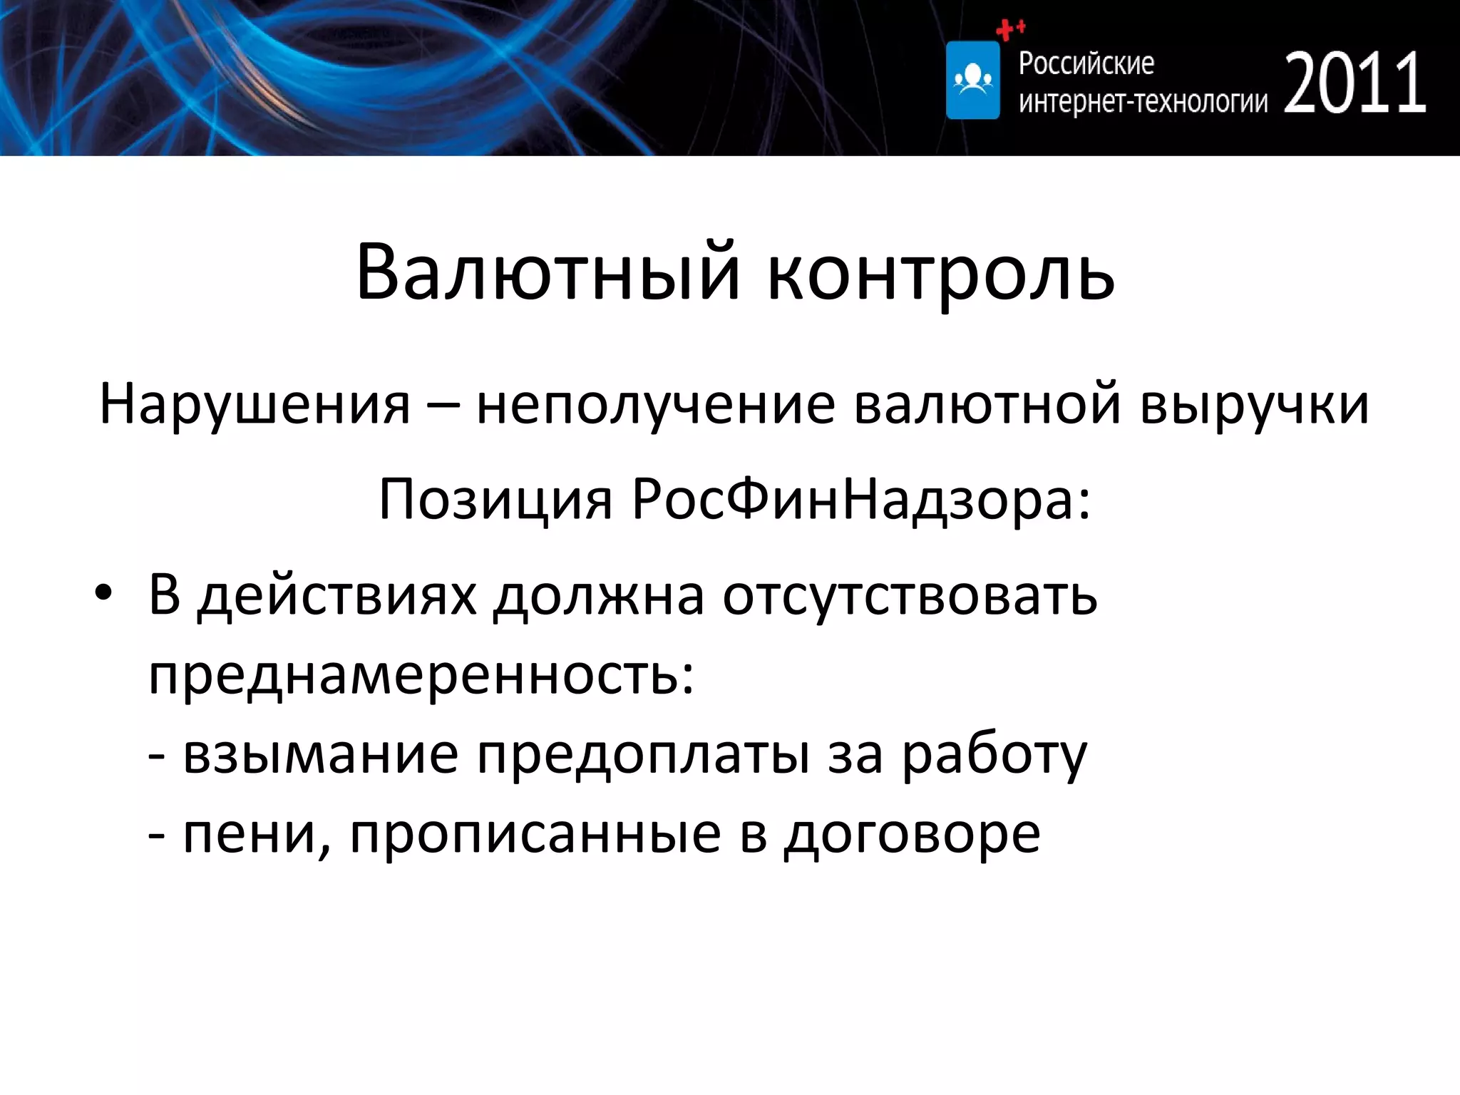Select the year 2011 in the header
1355,83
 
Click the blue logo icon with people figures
972,80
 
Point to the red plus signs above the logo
1009,29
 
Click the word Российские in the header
1086,64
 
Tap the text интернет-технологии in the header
1143,102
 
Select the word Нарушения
255,404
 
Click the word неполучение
655,404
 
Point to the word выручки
1254,404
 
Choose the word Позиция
495,499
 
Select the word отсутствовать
910,595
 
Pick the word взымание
320,754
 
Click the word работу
994,754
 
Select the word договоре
912,833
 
